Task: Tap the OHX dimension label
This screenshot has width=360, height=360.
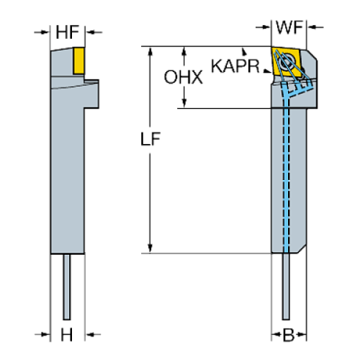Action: point(184,78)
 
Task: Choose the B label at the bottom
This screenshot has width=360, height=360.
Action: point(289,336)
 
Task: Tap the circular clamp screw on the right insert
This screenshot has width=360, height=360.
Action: point(286,64)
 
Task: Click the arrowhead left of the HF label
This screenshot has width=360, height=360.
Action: point(46,32)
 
